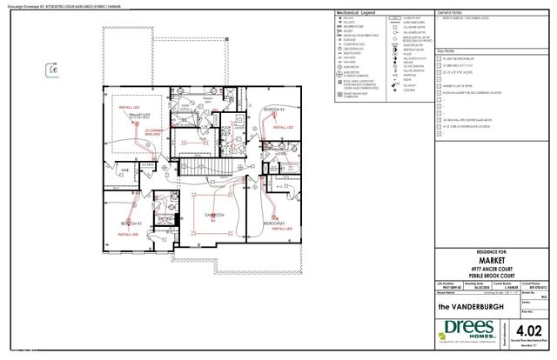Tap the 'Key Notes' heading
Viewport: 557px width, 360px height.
pos(446,51)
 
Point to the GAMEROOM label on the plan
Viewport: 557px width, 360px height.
pos(215,213)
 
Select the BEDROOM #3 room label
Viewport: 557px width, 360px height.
pos(276,223)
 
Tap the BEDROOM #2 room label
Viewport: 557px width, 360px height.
pos(131,223)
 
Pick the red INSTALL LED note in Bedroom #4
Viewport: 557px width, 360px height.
pos(281,127)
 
